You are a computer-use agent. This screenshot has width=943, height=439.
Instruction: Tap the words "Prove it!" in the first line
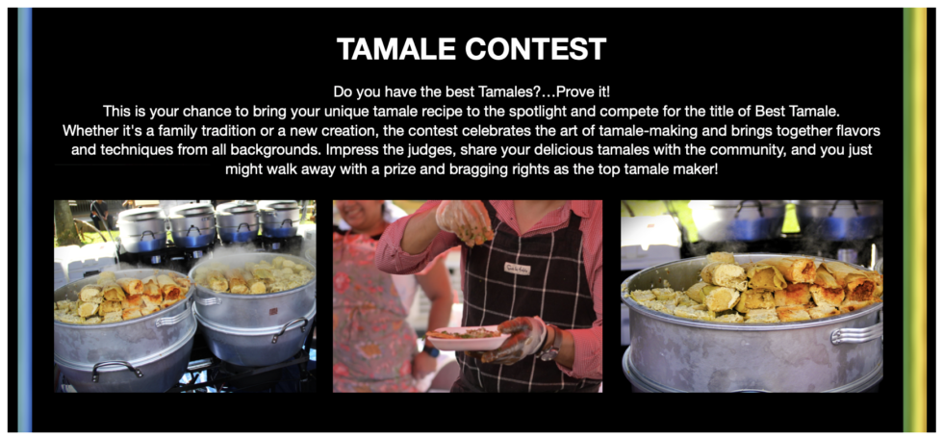point(583,91)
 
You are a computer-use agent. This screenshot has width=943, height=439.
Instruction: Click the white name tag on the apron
point(517,269)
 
